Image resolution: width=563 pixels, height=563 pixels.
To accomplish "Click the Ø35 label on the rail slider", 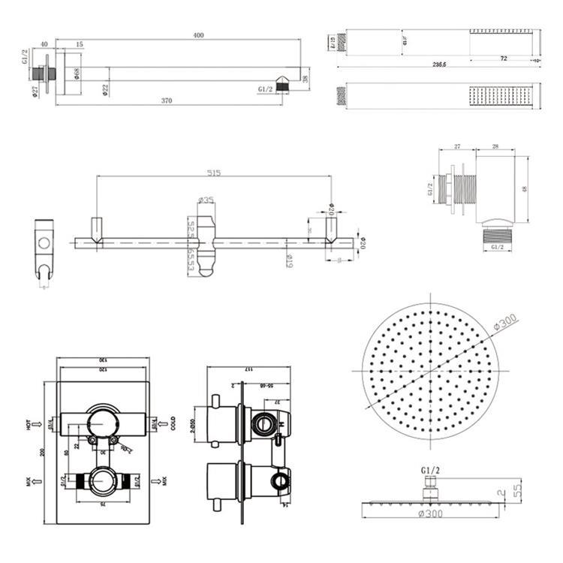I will click(x=206, y=200).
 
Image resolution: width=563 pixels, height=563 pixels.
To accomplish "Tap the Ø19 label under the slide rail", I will click(x=289, y=260).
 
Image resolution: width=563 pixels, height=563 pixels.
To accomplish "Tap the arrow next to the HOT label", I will click(x=38, y=426).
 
